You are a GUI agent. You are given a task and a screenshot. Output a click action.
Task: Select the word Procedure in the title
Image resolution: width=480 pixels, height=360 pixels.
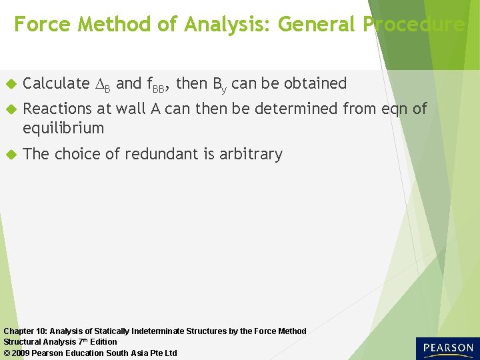click(x=414, y=25)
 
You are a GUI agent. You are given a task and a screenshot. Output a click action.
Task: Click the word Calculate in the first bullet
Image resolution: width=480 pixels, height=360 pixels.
click(x=56, y=83)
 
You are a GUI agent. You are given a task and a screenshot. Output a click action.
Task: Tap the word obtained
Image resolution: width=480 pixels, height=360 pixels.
click(x=315, y=83)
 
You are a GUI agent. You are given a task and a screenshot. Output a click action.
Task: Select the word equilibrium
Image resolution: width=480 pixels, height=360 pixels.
click(x=63, y=128)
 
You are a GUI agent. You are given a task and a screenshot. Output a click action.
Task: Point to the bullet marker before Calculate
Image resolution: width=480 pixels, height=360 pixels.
click(x=10, y=84)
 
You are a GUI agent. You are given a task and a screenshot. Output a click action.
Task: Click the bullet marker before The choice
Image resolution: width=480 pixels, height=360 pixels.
click(x=10, y=155)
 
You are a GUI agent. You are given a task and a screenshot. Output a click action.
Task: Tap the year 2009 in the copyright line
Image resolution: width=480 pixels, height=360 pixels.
click(x=22, y=353)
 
